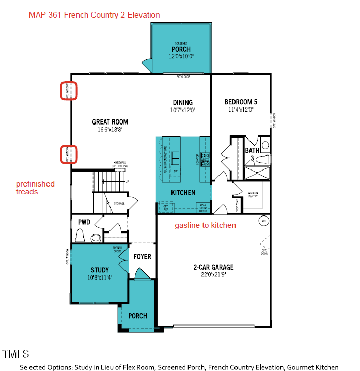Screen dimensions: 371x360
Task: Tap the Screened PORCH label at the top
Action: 181,49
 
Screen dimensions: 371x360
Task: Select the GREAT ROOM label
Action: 110,122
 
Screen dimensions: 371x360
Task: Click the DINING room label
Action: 183,102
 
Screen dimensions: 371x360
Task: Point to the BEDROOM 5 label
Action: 241,102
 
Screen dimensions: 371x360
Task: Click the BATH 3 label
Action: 252,154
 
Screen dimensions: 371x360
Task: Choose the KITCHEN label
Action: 183,193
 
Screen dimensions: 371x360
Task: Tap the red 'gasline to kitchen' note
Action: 205,225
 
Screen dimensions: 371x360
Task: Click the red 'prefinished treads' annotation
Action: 35,188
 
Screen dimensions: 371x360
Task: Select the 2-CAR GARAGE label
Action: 213,267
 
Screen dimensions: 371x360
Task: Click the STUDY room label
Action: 100,270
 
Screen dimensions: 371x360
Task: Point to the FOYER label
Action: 142,256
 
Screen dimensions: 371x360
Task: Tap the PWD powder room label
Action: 84,222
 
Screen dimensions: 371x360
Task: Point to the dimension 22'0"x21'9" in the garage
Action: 213,274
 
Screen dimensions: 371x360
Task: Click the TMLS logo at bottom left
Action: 15,354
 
